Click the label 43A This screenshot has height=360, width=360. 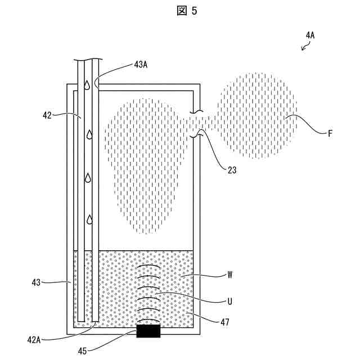[141, 64]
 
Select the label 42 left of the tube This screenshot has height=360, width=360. [47, 115]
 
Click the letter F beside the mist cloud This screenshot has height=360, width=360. [330, 134]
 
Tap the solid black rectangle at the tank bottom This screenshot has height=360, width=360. [148, 332]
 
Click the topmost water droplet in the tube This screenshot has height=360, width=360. [87, 85]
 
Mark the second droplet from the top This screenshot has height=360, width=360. [88, 135]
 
